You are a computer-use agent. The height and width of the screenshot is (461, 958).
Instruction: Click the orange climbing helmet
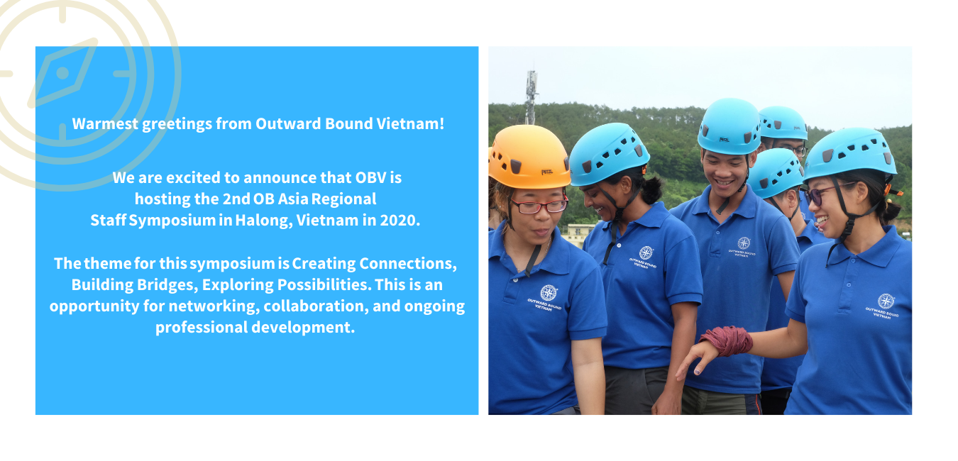(529, 157)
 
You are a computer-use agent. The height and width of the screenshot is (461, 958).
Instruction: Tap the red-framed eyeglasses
(539, 206)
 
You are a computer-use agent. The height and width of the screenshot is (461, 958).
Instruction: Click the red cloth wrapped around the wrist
(727, 340)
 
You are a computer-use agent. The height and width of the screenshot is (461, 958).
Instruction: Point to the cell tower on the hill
(532, 97)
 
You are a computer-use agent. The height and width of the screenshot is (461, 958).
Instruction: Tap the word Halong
(264, 221)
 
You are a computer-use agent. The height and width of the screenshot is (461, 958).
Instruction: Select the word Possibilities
(324, 285)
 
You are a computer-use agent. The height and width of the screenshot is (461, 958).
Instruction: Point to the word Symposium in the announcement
(172, 221)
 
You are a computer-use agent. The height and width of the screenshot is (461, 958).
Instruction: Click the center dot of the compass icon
(62, 73)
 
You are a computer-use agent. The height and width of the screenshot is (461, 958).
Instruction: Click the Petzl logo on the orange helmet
(547, 172)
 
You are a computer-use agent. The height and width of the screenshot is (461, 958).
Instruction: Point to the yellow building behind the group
(578, 235)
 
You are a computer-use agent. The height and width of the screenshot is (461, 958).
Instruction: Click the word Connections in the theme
(407, 264)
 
